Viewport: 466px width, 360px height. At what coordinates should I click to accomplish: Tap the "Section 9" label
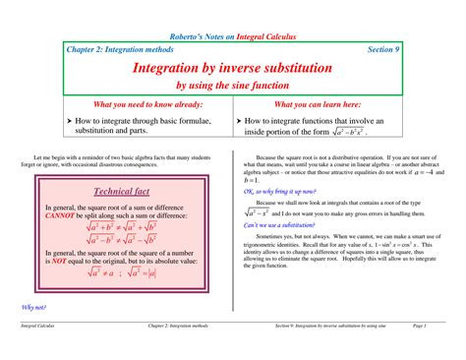point(382,48)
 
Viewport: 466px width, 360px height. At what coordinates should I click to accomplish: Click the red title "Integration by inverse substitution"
point(233,69)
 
